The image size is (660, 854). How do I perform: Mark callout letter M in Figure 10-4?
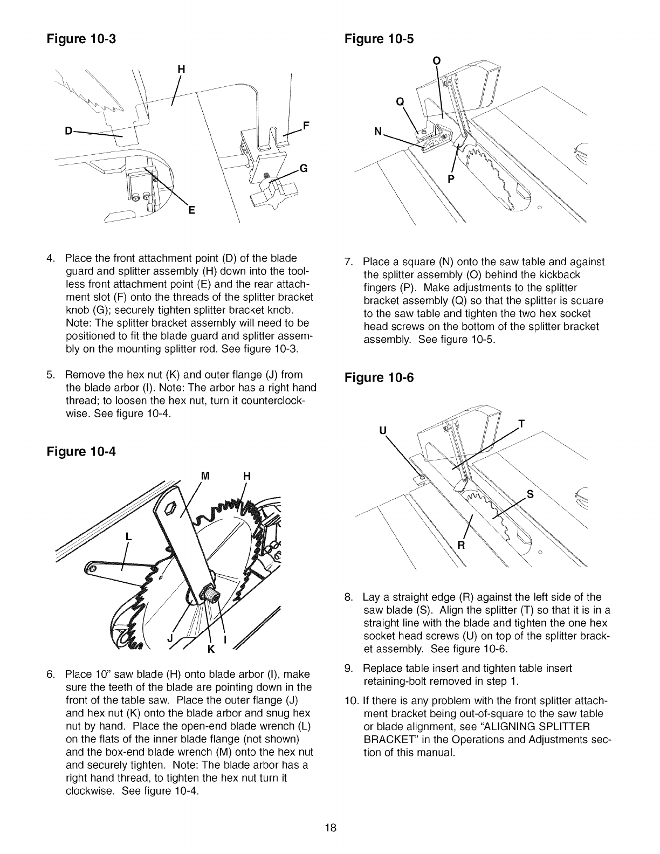pyautogui.click(x=204, y=476)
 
